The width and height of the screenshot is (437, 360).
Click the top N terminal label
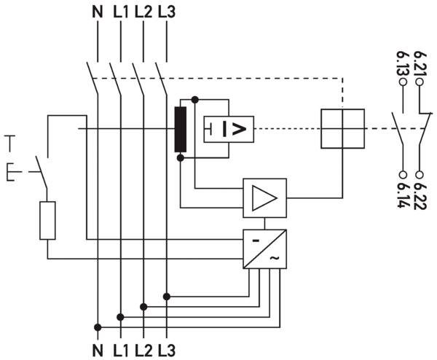click(x=98, y=12)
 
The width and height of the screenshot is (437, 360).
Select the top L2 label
click(x=143, y=12)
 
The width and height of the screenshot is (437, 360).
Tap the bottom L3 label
click(x=167, y=351)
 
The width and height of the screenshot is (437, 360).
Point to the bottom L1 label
click(x=121, y=351)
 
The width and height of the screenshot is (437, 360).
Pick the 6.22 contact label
click(x=420, y=196)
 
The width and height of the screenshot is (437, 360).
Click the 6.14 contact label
click(x=403, y=195)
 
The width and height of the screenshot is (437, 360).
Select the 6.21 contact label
click(x=420, y=63)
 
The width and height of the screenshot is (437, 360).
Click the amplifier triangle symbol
click(x=264, y=197)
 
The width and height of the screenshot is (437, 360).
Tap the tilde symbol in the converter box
click(x=274, y=259)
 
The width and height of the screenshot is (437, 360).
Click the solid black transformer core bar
click(x=181, y=130)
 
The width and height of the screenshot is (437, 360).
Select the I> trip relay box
click(x=229, y=130)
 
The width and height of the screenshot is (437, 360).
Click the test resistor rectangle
click(x=47, y=221)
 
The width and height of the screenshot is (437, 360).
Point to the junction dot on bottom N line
click(x=98, y=327)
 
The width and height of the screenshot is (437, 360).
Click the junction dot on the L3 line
click(x=166, y=297)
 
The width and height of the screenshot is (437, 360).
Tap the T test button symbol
click(x=10, y=144)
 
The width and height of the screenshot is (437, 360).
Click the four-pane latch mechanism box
click(x=342, y=128)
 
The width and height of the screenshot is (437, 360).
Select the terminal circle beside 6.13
click(x=403, y=82)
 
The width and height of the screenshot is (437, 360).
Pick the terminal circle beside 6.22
click(x=420, y=175)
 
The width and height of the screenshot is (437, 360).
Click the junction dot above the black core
click(x=195, y=99)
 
